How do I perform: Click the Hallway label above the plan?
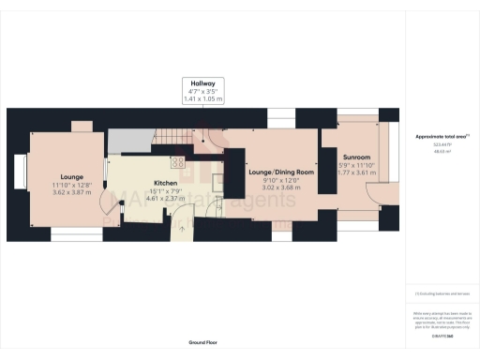tap(202, 83)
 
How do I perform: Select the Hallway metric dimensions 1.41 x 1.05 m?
tap(202, 97)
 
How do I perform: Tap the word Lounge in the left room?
tap(73, 176)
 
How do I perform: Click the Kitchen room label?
tap(166, 185)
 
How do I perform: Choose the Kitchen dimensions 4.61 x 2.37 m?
tap(166, 199)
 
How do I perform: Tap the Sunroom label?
tap(356, 157)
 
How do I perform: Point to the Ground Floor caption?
tap(202, 343)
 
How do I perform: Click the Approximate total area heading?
tap(441, 137)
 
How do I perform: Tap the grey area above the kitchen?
tap(129, 141)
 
